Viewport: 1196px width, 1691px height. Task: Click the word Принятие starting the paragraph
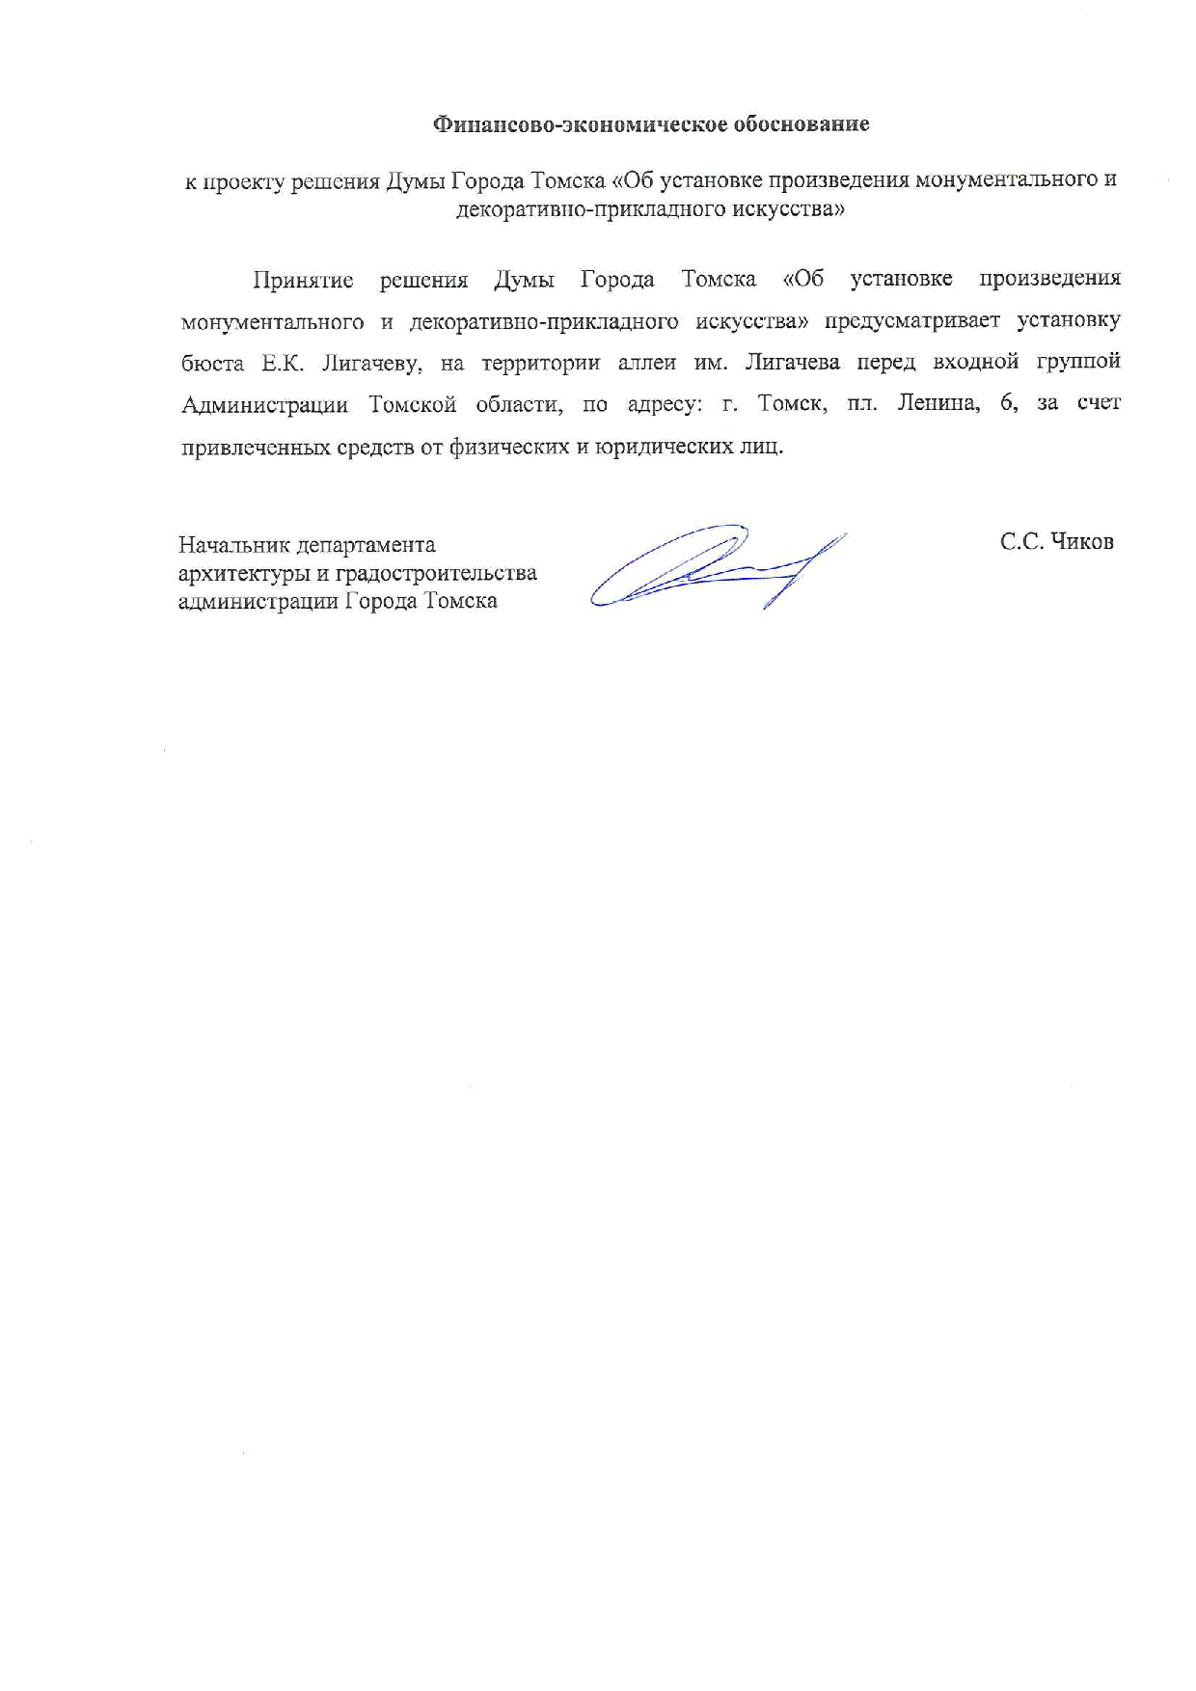tap(303, 280)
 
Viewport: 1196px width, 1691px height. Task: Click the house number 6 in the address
tap(1008, 405)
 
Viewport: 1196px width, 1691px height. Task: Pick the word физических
tap(508, 449)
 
